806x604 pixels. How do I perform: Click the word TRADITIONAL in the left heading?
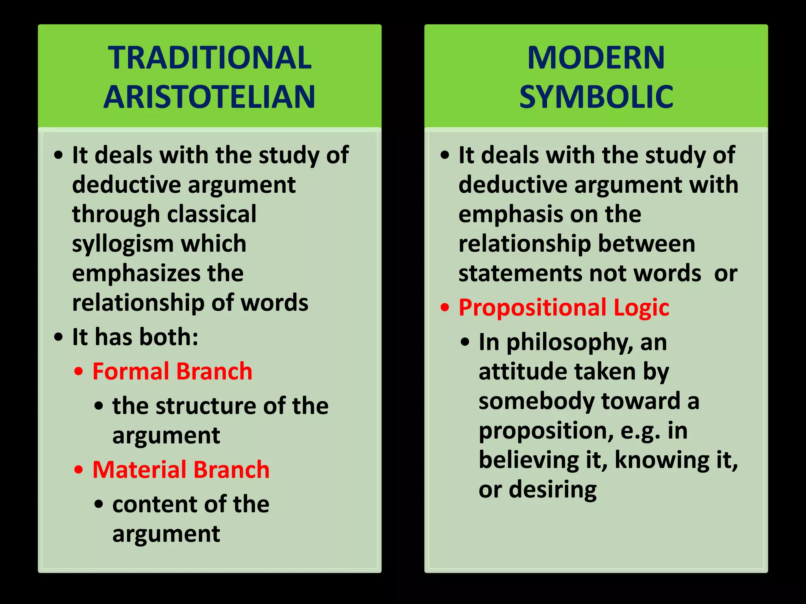click(x=210, y=58)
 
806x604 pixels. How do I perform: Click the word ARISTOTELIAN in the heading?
click(x=209, y=97)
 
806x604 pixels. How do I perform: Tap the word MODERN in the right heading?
click(x=596, y=58)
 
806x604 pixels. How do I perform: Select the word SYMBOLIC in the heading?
click(x=596, y=97)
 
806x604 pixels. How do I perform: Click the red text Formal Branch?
click(x=172, y=371)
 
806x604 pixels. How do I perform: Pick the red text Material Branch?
click(x=181, y=470)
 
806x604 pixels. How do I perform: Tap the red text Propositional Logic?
click(x=564, y=307)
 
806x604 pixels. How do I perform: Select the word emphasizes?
click(x=136, y=273)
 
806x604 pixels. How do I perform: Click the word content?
click(x=147, y=504)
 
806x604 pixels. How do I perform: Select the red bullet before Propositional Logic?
click(x=445, y=308)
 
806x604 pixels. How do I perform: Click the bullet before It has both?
click(x=58, y=337)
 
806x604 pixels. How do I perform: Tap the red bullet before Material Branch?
click(x=79, y=470)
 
